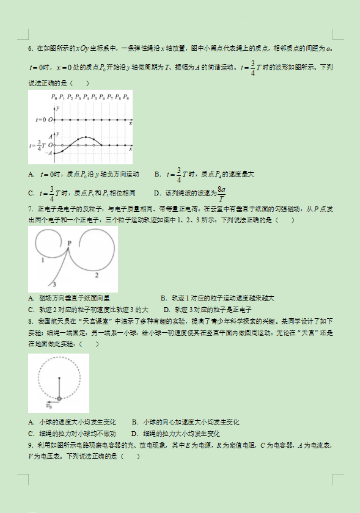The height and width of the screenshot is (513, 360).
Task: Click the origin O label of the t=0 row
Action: click(51, 120)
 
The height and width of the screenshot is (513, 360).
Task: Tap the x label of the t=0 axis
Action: click(131, 124)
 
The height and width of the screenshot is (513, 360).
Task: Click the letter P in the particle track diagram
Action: click(70, 243)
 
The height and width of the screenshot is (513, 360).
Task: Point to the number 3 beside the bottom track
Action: click(54, 285)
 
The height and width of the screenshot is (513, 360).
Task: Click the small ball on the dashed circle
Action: click(59, 399)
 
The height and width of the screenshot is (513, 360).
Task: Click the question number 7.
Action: click(30, 210)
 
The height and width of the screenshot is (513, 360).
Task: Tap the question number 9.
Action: click(30, 445)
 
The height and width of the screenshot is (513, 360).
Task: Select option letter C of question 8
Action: click(31, 433)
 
